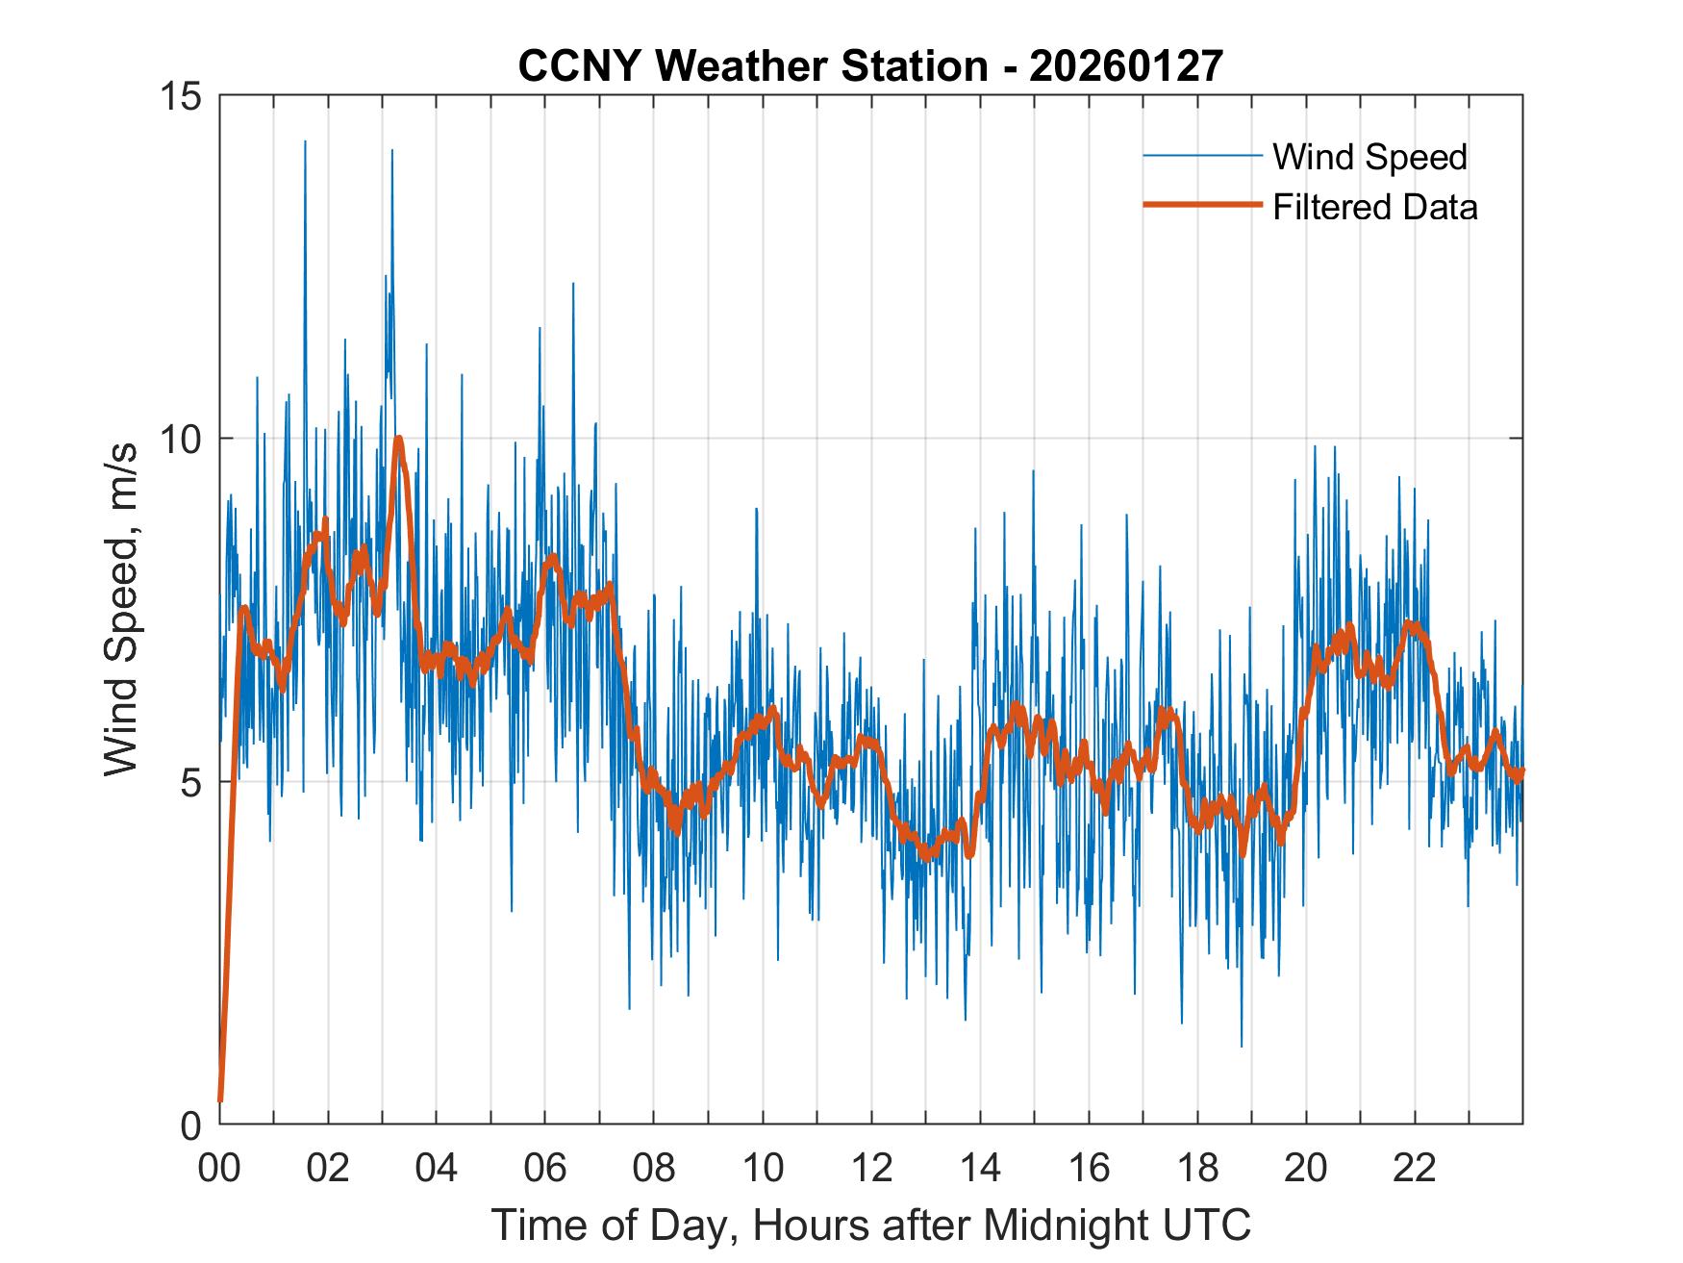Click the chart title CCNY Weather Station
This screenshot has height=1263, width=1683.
pyautogui.click(x=753, y=65)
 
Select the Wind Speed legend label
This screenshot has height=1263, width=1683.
pyautogui.click(x=1369, y=157)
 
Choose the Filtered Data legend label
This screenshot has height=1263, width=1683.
pyautogui.click(x=1374, y=207)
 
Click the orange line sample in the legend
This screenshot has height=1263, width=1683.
pyautogui.click(x=1202, y=205)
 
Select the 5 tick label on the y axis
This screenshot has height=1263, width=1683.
pyautogui.click(x=190, y=782)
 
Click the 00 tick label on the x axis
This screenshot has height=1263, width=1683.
pyautogui.click(x=219, y=1169)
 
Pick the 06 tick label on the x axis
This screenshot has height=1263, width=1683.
pyautogui.click(x=545, y=1169)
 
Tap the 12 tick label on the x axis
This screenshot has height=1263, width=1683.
pyautogui.click(x=871, y=1169)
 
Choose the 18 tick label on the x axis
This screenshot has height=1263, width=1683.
pyautogui.click(x=1197, y=1169)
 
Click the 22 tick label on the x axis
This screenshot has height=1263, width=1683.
pyautogui.click(x=1415, y=1169)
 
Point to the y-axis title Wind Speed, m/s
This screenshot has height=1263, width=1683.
pyautogui.click(x=122, y=609)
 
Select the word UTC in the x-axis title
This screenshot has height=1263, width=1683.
pyautogui.click(x=1210, y=1225)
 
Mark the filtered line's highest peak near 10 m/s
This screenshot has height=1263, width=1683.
pyautogui.click(x=398, y=439)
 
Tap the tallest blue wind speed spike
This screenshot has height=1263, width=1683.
pyautogui.click(x=305, y=141)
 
